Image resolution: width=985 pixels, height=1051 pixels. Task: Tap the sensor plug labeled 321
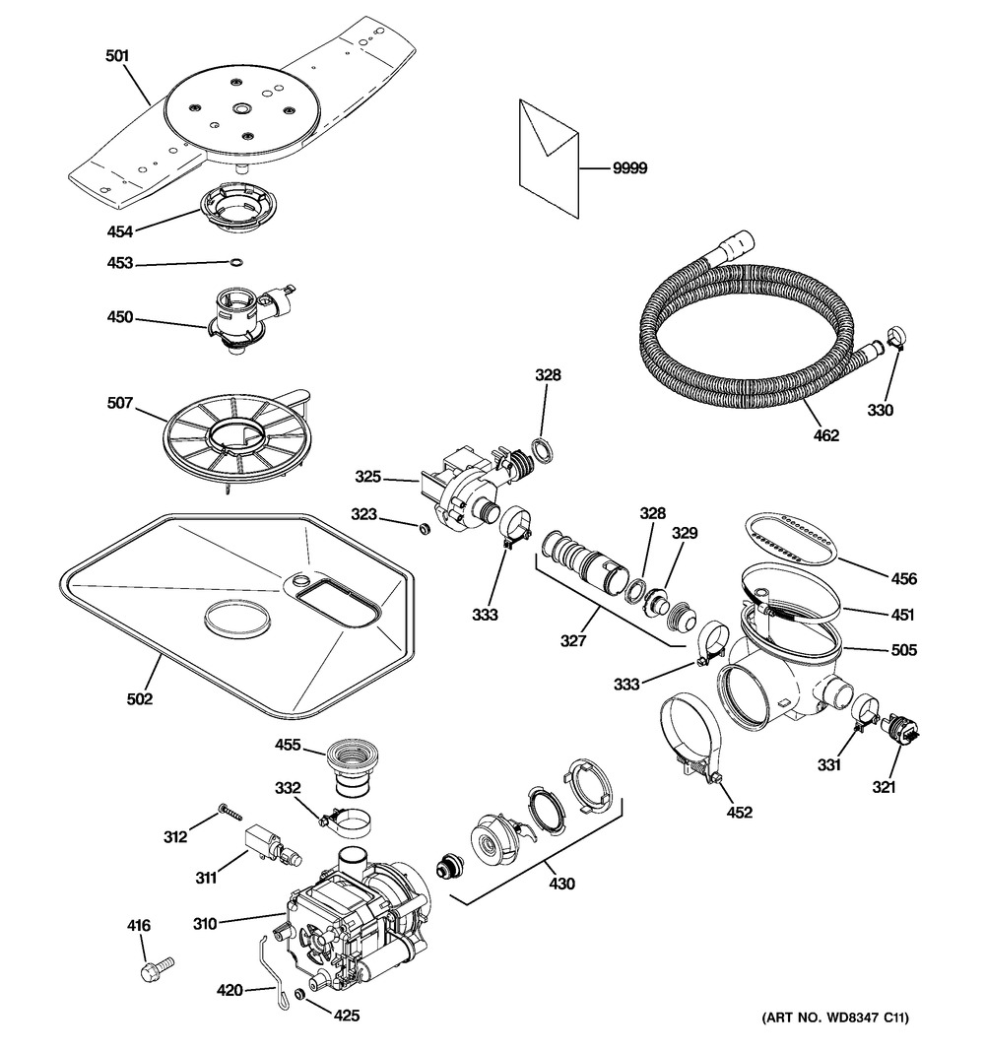(x=903, y=731)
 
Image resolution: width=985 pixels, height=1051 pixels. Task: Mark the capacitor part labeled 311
(x=266, y=843)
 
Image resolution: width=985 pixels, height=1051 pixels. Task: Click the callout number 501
(x=117, y=56)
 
